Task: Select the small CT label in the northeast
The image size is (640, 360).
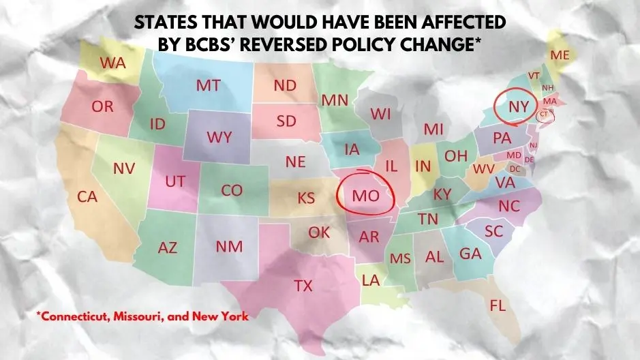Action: point(543,115)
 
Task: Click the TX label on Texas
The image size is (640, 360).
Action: point(303,286)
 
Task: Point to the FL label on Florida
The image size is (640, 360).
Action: point(498,306)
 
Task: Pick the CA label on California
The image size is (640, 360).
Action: point(87,197)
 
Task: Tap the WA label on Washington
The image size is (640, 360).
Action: point(112,63)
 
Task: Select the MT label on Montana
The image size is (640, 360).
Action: point(208,86)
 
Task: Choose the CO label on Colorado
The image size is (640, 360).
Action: point(232,191)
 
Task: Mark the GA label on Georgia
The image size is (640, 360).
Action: point(470,254)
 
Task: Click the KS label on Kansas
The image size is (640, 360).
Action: point(306,198)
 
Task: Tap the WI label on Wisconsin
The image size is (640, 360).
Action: point(380,115)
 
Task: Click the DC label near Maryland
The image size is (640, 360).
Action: point(515,168)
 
